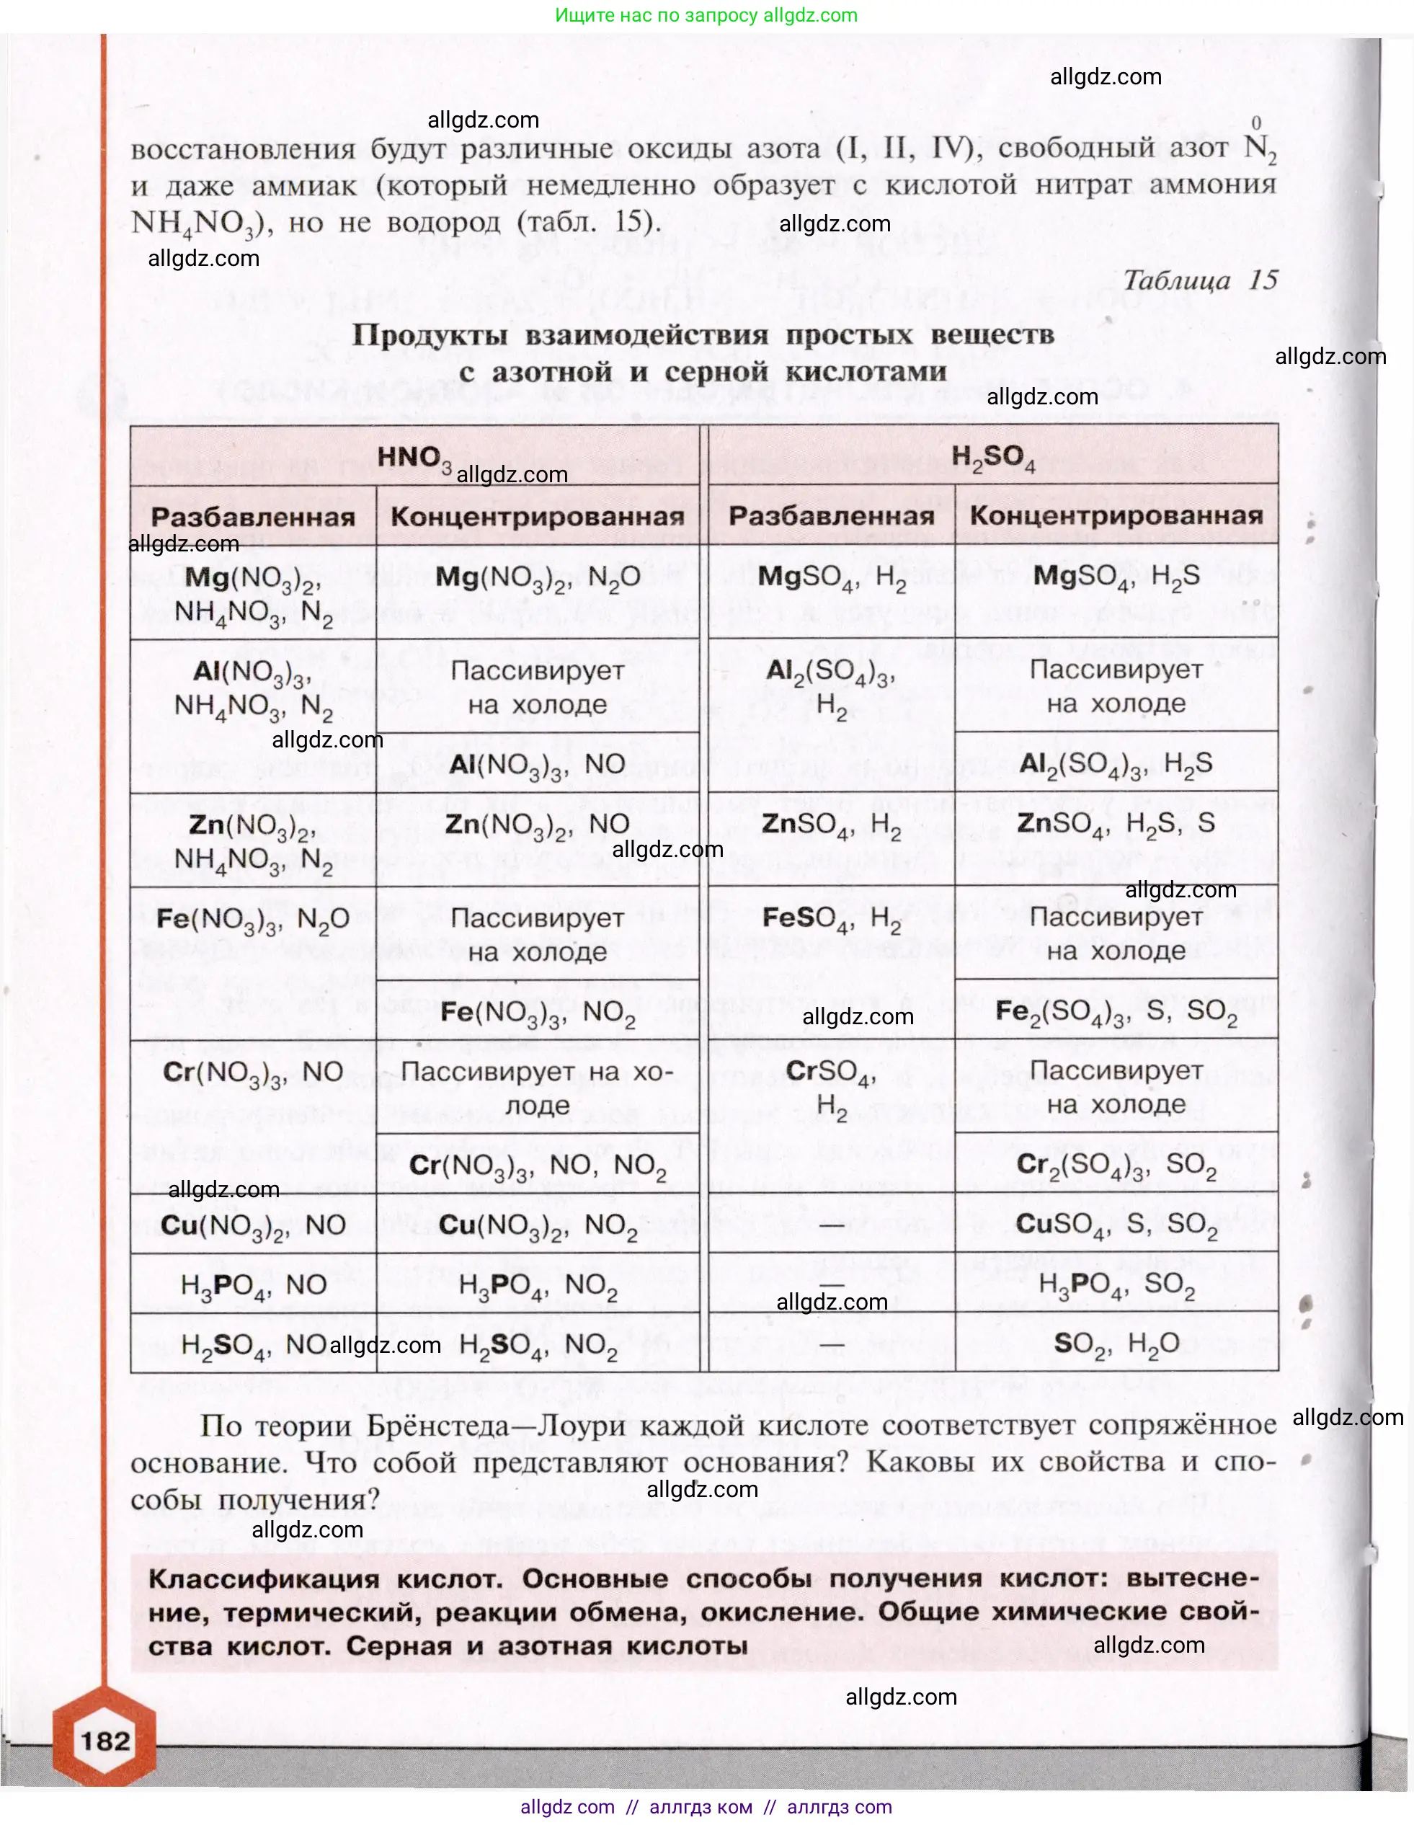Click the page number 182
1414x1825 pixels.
pyautogui.click(x=106, y=1741)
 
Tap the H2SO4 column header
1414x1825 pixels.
pyautogui.click(x=993, y=458)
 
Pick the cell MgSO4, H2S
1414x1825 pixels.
pyautogui.click(x=1116, y=577)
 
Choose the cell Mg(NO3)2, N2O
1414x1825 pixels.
pyautogui.click(x=538, y=577)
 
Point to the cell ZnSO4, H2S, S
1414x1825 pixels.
pyautogui.click(x=1116, y=824)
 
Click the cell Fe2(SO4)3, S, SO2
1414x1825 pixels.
pyautogui.click(x=1116, y=1012)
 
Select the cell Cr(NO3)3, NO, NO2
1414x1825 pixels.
pyautogui.click(x=538, y=1165)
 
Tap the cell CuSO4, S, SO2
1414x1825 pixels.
pyautogui.click(x=1116, y=1225)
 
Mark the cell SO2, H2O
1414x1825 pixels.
pyautogui.click(x=1116, y=1344)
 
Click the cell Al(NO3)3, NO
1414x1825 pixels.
pyautogui.click(x=538, y=765)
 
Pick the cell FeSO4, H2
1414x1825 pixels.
pyautogui.click(x=832, y=919)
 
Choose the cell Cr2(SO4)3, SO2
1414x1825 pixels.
pyautogui.click(x=1116, y=1165)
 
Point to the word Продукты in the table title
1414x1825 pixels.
pyautogui.click(x=430, y=335)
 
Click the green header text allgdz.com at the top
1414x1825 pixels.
pyautogui.click(x=706, y=15)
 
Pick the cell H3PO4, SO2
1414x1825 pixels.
pyautogui.click(x=1116, y=1284)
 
